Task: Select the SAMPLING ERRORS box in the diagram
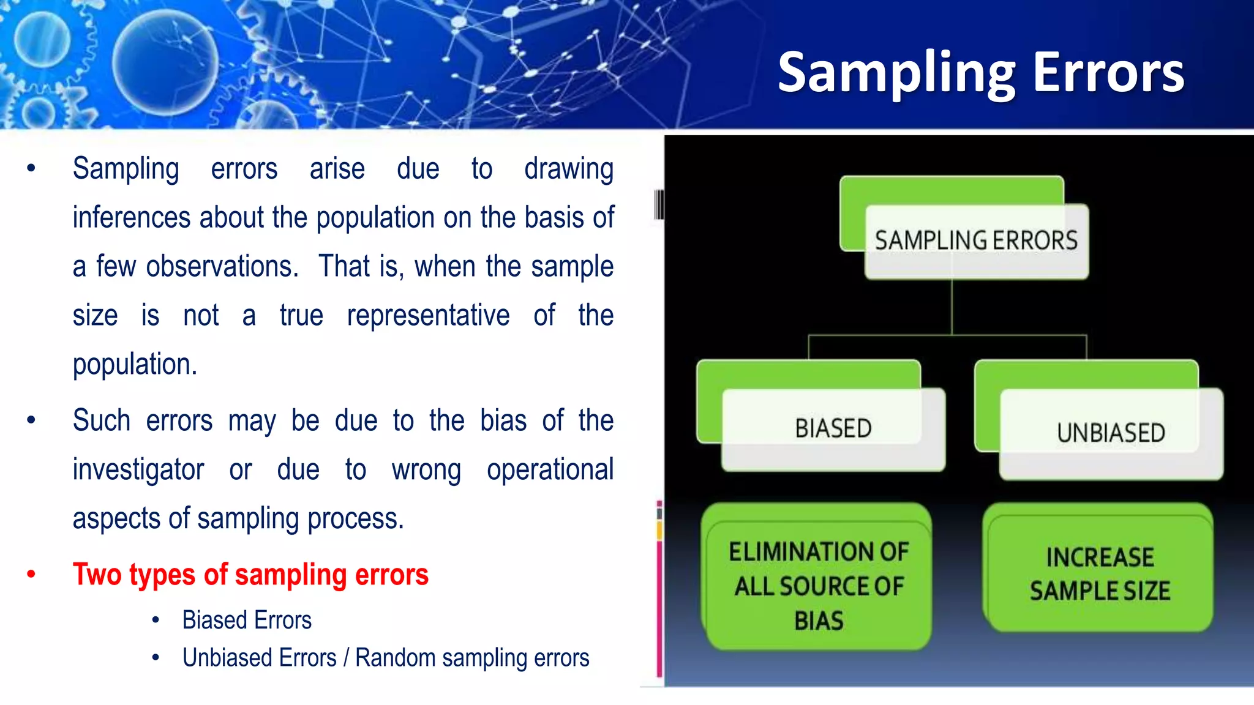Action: pos(976,240)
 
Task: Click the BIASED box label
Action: pos(833,428)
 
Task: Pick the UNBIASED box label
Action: pos(1111,433)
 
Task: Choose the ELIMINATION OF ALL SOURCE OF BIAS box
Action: pos(818,586)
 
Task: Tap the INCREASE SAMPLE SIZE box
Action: pos(1100,574)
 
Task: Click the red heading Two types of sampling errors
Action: pos(250,575)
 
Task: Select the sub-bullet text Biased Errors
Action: pos(247,620)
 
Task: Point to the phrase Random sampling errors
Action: pos(472,658)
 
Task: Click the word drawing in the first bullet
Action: pos(569,169)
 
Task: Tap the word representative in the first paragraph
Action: pos(428,316)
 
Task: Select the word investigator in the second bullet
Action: pos(138,470)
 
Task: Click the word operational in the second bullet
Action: pos(550,470)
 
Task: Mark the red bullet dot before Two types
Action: pos(31,574)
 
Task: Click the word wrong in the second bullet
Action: pos(426,470)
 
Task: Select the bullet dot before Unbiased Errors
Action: pos(156,658)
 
